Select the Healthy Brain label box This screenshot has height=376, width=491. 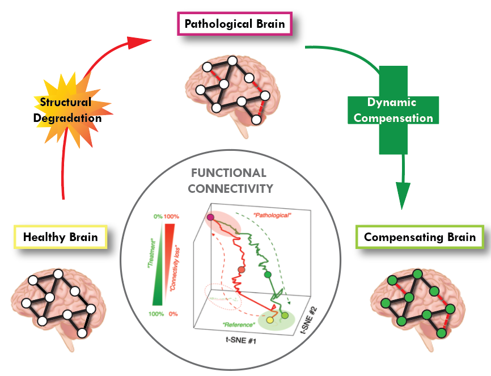(x=60, y=236)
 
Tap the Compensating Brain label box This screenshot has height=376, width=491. (x=419, y=236)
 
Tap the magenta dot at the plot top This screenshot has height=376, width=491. (x=210, y=217)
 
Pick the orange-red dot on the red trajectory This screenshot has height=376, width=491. (x=241, y=270)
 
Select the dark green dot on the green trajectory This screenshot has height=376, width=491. (x=269, y=275)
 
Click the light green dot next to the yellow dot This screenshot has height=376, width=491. (x=285, y=315)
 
